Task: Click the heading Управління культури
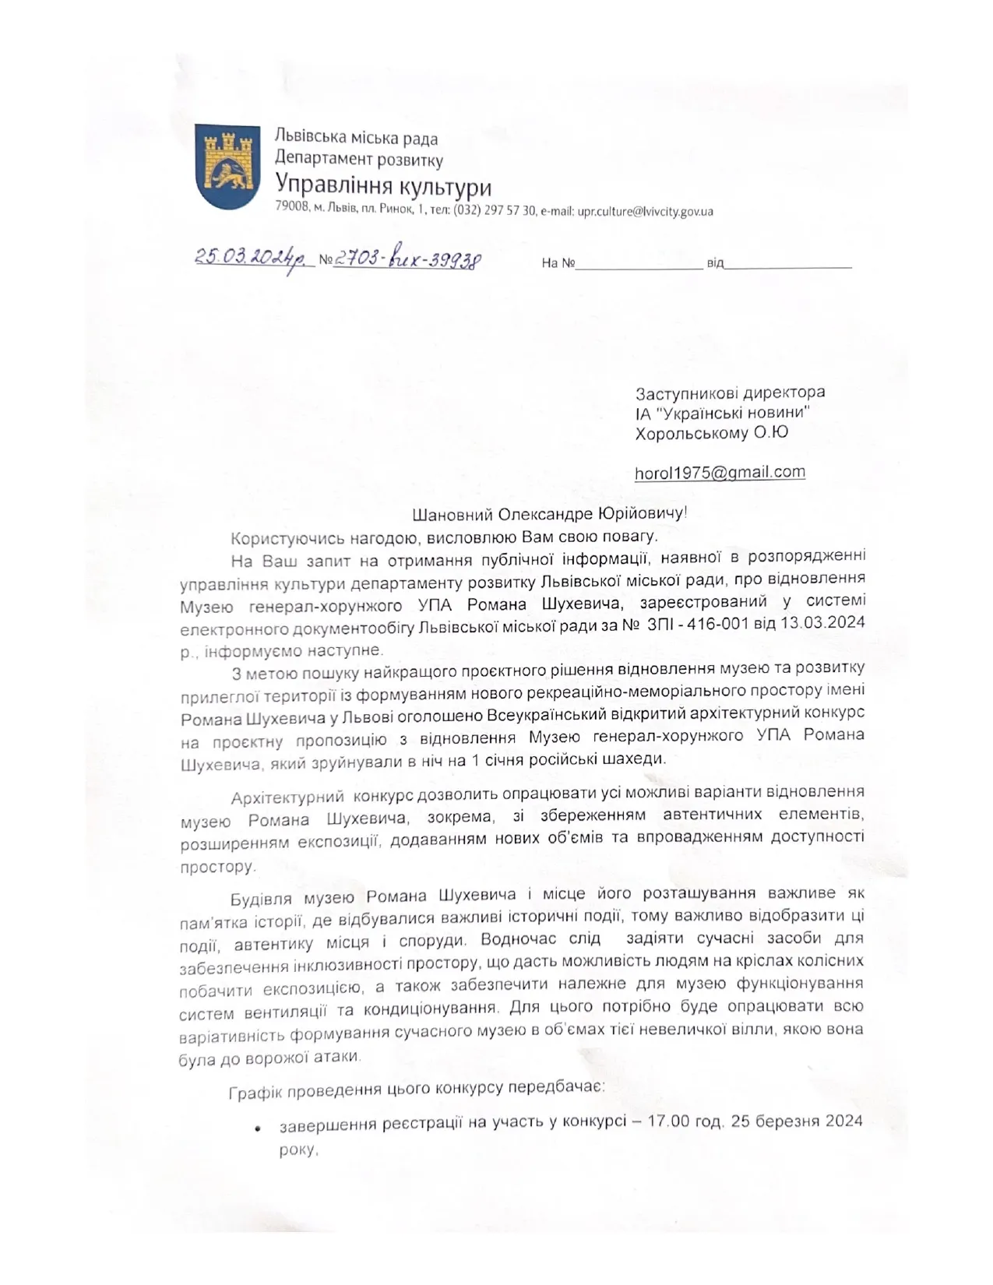[383, 188]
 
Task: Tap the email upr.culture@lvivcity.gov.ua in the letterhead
[645, 211]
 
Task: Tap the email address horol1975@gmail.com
[720, 472]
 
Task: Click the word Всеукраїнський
[551, 713]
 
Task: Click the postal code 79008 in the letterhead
[292, 211]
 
